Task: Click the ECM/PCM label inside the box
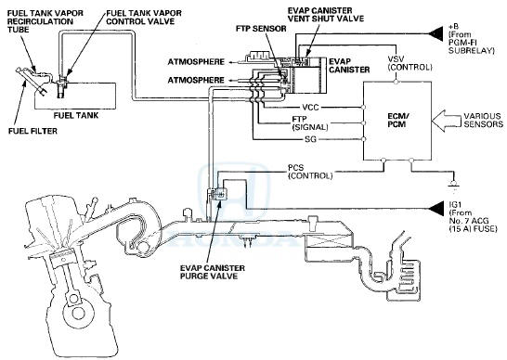coord(397,120)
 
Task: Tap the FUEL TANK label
coord(76,115)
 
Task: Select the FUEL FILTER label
coord(32,131)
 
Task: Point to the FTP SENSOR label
coord(261,29)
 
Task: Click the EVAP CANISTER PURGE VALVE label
coord(213,272)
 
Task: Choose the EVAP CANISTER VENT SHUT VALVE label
coord(326,15)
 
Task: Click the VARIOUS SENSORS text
coord(484,120)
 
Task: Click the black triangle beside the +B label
coord(435,33)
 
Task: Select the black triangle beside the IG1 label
coord(435,209)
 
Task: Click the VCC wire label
coord(310,108)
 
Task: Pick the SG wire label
coord(310,139)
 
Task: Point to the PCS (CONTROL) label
coord(310,173)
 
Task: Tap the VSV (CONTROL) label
coord(410,63)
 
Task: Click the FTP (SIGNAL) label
coord(310,123)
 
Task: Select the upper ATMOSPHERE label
coord(196,61)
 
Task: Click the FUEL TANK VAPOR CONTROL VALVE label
coord(144,18)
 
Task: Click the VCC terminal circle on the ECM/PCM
coord(363,107)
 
